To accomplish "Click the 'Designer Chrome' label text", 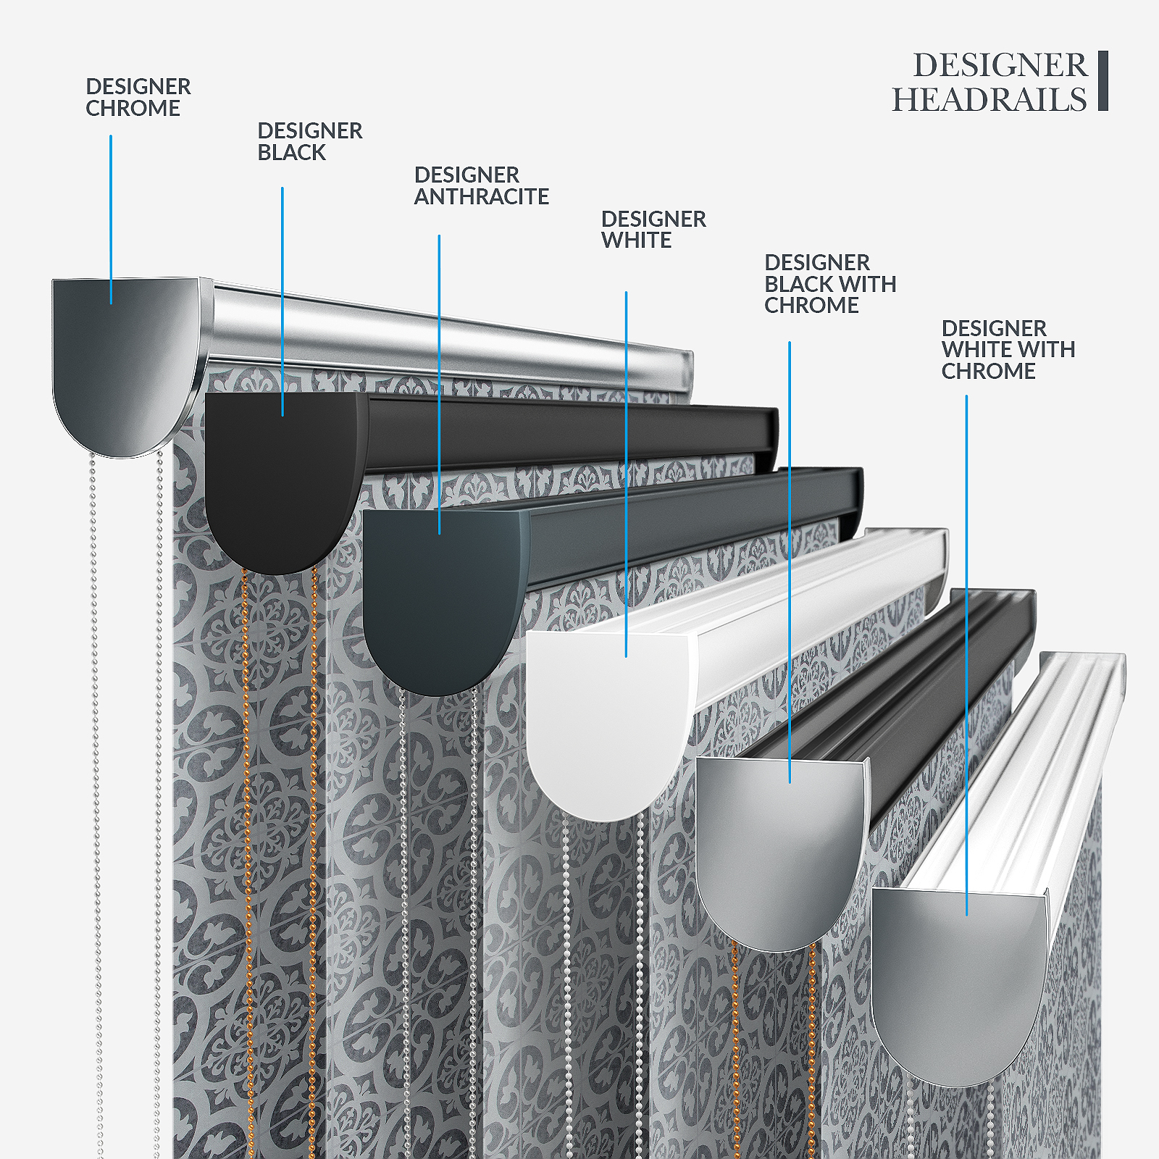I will pyautogui.click(x=138, y=97).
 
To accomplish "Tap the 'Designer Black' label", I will pyautogui.click(x=309, y=141).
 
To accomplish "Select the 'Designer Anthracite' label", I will pyautogui.click(x=481, y=185).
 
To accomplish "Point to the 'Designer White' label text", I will pyautogui.click(x=653, y=229).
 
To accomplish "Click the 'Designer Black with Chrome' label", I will pyautogui.click(x=829, y=283).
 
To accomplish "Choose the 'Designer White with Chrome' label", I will pyautogui.click(x=1008, y=349).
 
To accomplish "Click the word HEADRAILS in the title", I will pyautogui.click(x=989, y=100).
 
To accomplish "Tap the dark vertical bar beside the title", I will pyautogui.click(x=1102, y=80).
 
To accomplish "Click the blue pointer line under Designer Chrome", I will pyautogui.click(x=111, y=217).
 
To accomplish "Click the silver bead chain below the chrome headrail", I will pyautogui.click(x=95, y=724).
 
